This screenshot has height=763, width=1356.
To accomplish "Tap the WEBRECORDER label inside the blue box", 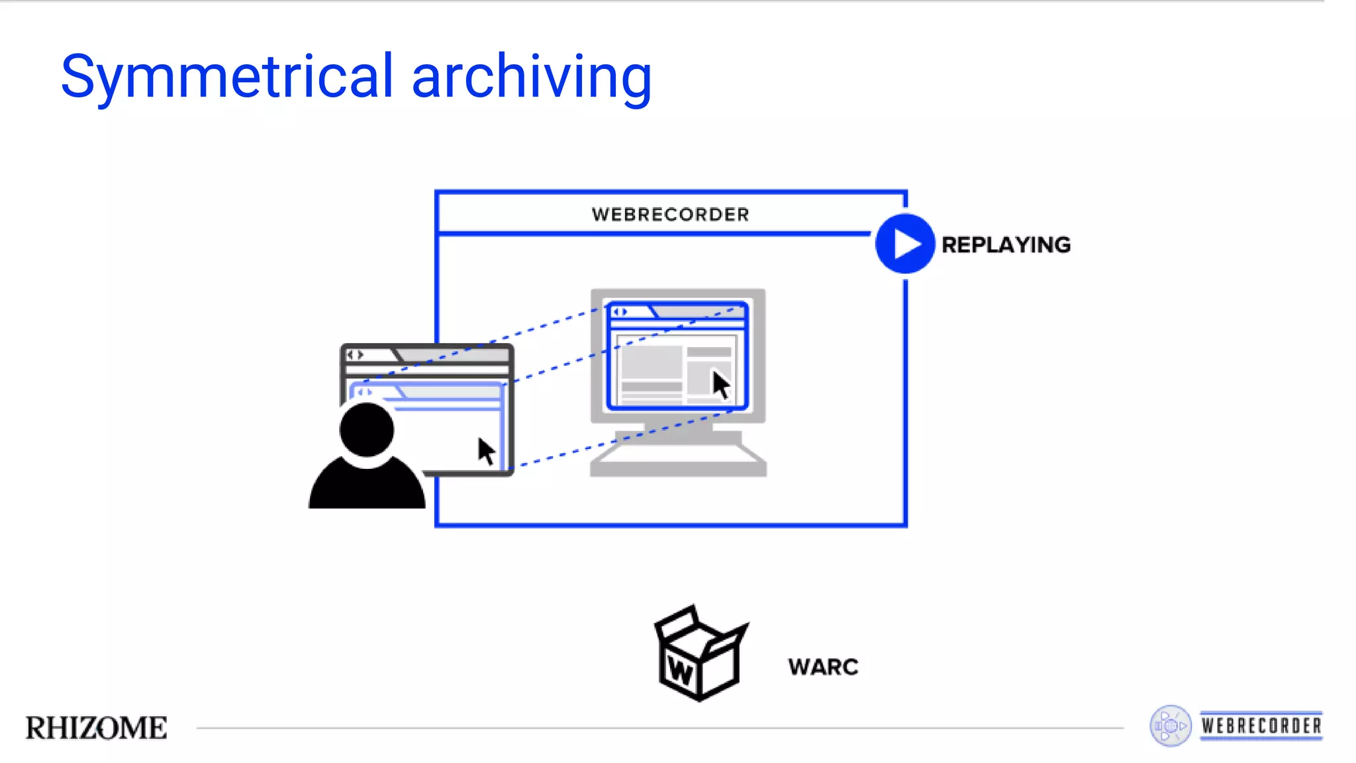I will point(670,215).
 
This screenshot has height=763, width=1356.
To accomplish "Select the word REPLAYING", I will point(1006,245).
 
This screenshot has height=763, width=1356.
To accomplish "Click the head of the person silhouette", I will point(366,429).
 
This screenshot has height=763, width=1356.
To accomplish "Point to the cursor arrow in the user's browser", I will point(487,451).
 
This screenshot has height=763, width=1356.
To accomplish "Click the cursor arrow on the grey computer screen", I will point(720,384).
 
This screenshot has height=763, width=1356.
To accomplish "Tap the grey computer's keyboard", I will point(678,459).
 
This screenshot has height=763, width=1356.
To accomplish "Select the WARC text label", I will point(823,667).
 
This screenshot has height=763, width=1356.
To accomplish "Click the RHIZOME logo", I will point(97,728).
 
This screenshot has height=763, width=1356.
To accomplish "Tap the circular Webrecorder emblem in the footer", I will point(1170,726).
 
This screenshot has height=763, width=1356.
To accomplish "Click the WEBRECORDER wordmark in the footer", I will point(1261,726).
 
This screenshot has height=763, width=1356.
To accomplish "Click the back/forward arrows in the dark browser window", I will point(356,355).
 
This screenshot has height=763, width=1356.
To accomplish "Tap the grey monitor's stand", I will point(678,432).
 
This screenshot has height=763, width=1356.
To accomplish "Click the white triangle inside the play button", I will point(906,244).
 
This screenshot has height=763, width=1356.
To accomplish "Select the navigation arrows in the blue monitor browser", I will point(620,312).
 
